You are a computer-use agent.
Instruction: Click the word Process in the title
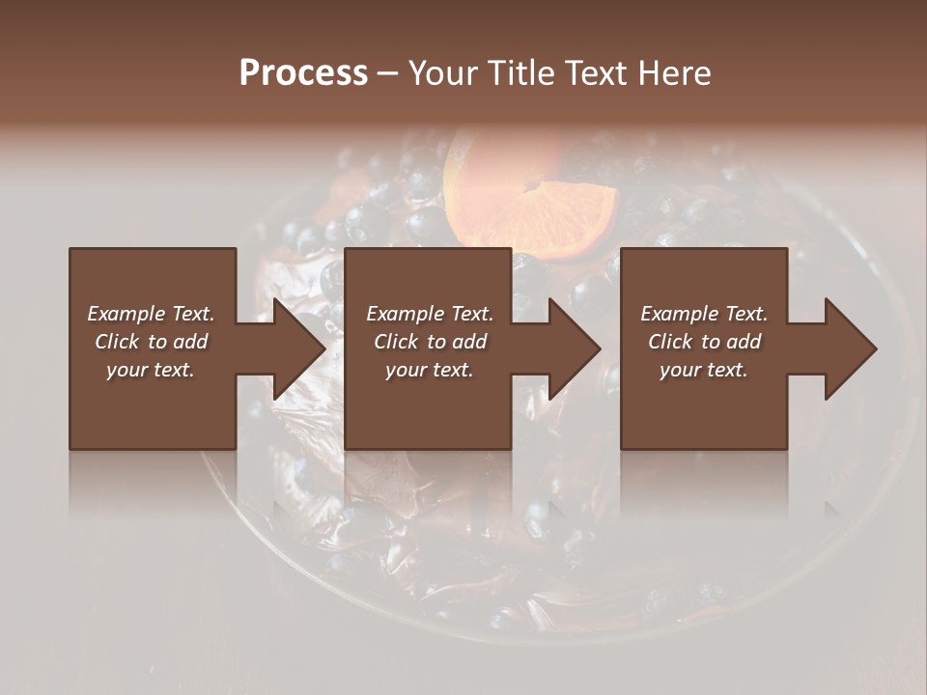pyautogui.click(x=303, y=73)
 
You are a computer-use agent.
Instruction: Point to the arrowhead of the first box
pyautogui.click(x=299, y=348)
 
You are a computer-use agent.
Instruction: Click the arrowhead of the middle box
pyautogui.click(x=575, y=348)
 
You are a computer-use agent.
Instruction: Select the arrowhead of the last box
pyautogui.click(x=851, y=348)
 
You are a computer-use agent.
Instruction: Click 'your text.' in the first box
pyautogui.click(x=151, y=370)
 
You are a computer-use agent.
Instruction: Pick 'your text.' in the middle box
pyautogui.click(x=429, y=370)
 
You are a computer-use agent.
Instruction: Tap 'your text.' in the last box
pyautogui.click(x=703, y=370)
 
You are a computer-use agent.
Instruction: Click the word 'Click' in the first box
pyautogui.click(x=116, y=342)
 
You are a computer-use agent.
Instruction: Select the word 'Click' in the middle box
pyautogui.click(x=395, y=342)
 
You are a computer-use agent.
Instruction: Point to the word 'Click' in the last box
pyautogui.click(x=669, y=342)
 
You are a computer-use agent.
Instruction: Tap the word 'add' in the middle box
pyautogui.click(x=470, y=342)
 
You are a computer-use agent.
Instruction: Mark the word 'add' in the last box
pyautogui.click(x=744, y=342)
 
